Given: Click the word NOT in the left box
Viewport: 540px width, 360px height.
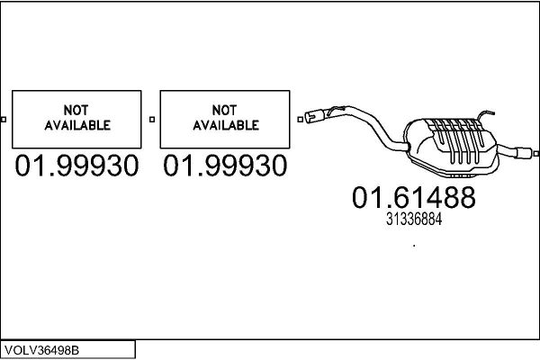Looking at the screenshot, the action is pos(76,110).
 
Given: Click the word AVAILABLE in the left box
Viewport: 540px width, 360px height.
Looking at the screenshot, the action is pos(77,125).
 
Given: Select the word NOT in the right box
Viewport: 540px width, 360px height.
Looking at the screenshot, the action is pos(224,110).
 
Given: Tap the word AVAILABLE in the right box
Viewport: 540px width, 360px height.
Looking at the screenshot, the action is pos(226,125).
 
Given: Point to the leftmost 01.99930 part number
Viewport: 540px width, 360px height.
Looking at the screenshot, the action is pos(76,166).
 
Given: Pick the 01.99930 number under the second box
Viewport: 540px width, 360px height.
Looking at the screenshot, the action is pos(225,166).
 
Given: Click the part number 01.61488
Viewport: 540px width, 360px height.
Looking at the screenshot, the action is pos(414,197).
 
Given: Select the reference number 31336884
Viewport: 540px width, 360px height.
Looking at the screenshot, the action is pos(414,219).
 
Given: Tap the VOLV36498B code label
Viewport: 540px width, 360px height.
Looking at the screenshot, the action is pos(42,350).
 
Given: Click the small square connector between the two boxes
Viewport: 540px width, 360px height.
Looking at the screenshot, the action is pos(152,120).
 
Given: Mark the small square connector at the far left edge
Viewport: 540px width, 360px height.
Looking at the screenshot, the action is pos(4,120).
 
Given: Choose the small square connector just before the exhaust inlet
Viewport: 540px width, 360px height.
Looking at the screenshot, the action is pos(301,120).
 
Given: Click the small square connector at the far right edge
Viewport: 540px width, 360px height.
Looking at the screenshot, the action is pos(536,154).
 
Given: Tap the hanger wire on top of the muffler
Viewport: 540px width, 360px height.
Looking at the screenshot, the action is pos(485,114).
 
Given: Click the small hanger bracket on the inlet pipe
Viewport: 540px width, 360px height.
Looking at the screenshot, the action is pos(336,110).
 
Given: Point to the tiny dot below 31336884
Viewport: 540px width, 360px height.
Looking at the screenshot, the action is pos(414,246).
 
